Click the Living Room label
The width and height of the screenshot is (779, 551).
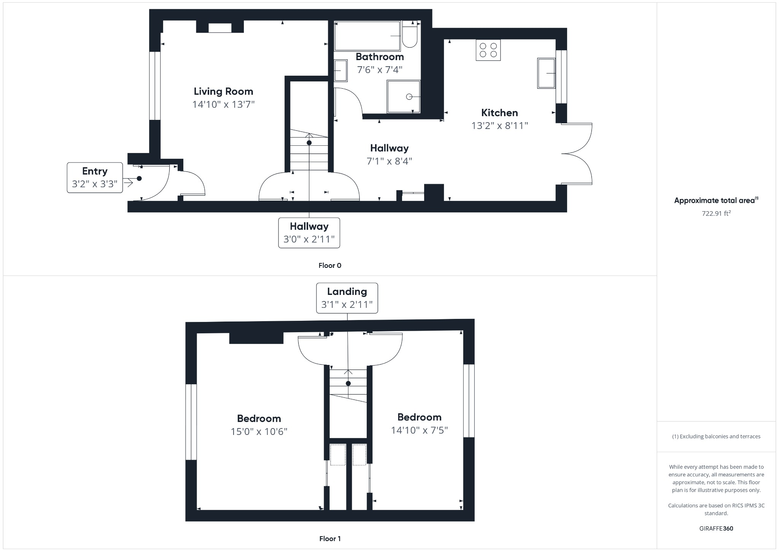pyautogui.click(x=223, y=91)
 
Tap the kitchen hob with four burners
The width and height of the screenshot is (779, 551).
pyautogui.click(x=488, y=50)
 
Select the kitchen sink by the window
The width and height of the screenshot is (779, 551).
pyautogui.click(x=546, y=73)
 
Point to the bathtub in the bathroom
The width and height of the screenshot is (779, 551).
pyautogui.click(x=367, y=36)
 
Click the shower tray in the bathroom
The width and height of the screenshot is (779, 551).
pyautogui.click(x=404, y=97)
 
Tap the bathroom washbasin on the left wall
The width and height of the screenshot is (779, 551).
pyautogui.click(x=340, y=71)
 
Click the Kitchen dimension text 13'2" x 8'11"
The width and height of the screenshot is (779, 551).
pyautogui.click(x=499, y=126)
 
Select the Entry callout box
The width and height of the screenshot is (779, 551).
pyautogui.click(x=95, y=178)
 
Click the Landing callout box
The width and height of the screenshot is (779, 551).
pyautogui.click(x=347, y=298)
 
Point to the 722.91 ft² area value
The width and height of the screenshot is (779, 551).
pyautogui.click(x=716, y=213)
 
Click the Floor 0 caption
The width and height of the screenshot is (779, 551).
pyautogui.click(x=330, y=266)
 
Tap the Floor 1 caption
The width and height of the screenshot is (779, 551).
pyautogui.click(x=330, y=538)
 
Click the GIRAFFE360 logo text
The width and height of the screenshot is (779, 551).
pyautogui.click(x=716, y=529)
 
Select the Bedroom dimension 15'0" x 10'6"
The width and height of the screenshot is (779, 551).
pyautogui.click(x=259, y=432)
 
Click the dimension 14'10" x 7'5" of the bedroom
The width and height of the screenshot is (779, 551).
pyautogui.click(x=419, y=430)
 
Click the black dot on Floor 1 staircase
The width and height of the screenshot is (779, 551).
pyautogui.click(x=348, y=384)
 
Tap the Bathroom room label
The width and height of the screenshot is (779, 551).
pyautogui.click(x=380, y=57)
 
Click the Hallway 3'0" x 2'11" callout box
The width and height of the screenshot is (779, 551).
pyautogui.click(x=309, y=233)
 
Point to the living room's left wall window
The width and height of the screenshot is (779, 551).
pyautogui.click(x=154, y=86)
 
